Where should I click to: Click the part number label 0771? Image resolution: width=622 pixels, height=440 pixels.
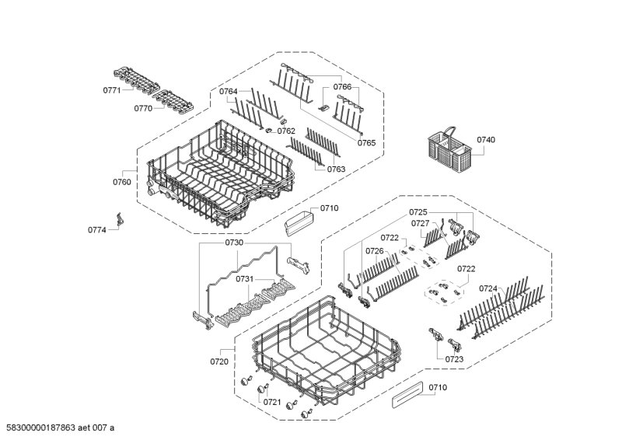[111, 91]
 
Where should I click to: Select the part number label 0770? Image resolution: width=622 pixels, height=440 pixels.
[142, 109]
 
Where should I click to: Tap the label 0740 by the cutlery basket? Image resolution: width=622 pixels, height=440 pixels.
[486, 140]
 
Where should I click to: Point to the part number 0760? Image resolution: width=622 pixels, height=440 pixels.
[122, 182]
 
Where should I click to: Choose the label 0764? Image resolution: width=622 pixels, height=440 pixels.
[228, 92]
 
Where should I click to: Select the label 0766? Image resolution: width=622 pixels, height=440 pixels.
[343, 87]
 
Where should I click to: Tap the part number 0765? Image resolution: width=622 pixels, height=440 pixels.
[367, 143]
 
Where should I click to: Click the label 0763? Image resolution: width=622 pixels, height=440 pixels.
[336, 169]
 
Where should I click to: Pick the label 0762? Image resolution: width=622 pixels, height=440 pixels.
[286, 131]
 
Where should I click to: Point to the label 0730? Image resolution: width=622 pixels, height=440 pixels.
[234, 243]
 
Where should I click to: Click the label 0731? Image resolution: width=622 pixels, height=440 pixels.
[245, 278]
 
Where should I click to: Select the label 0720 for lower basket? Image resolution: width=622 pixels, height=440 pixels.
[219, 361]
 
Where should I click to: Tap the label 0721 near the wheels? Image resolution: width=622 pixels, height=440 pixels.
[271, 402]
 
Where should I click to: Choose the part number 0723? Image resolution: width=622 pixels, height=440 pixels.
[454, 359]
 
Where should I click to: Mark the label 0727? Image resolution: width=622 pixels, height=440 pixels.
[421, 223]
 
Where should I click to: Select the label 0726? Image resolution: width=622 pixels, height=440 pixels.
[375, 251]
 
